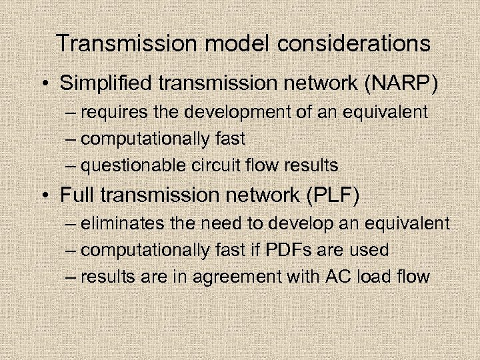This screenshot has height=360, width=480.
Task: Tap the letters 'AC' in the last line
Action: click(x=330, y=277)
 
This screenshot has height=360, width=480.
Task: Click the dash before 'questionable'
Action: click(x=71, y=165)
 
